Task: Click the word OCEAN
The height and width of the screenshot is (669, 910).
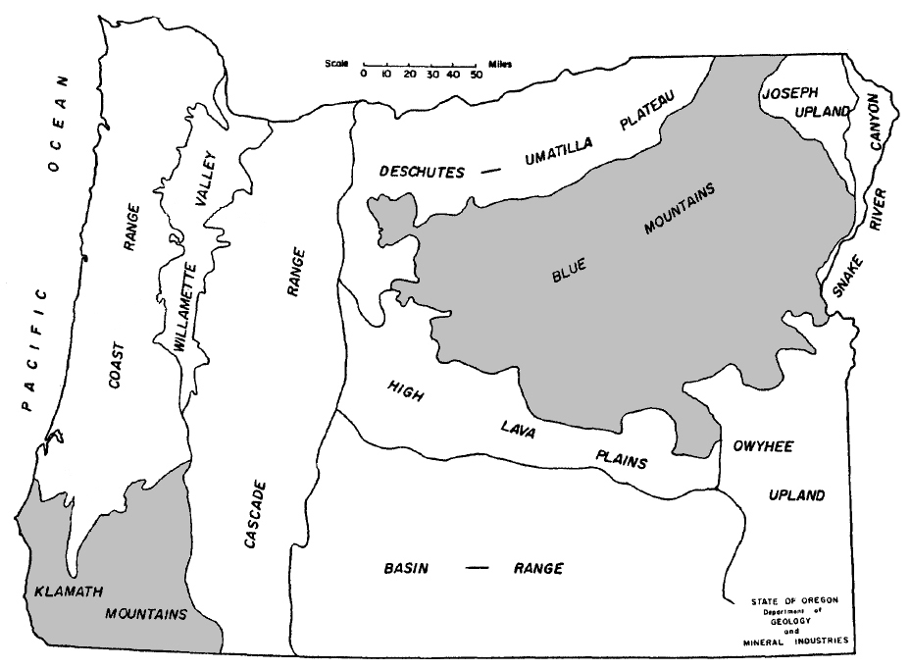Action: [57, 124]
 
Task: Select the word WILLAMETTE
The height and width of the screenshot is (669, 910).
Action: [189, 308]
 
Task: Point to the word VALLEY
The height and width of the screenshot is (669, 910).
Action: [209, 177]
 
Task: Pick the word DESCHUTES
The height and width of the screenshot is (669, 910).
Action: [422, 172]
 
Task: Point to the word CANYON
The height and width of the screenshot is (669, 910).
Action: [879, 123]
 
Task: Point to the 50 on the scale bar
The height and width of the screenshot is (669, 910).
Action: [476, 74]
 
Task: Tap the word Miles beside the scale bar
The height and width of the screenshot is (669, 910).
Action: [498, 65]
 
